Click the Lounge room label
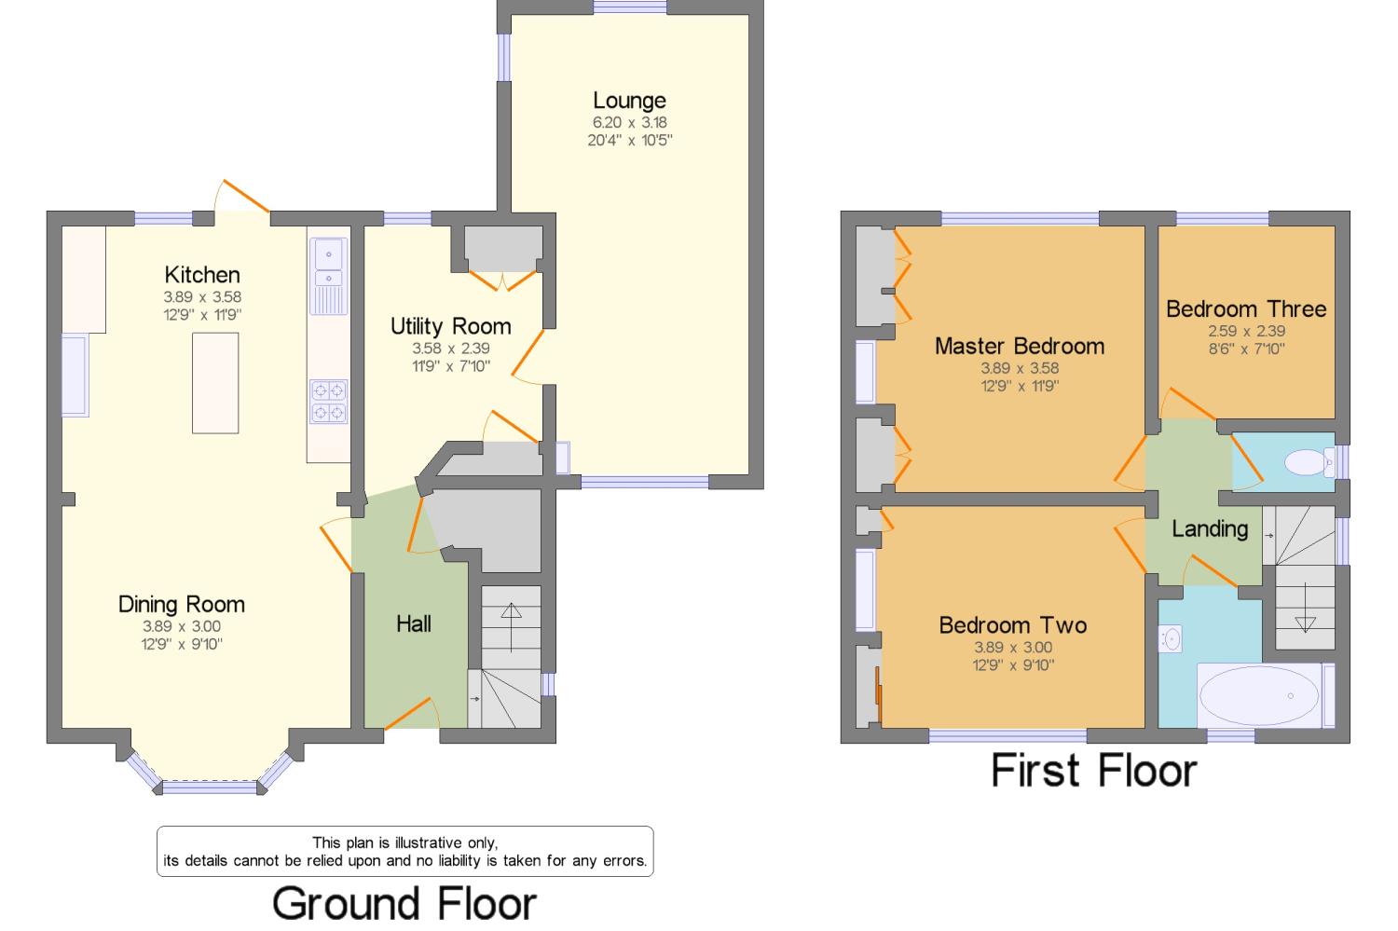tap(629, 100)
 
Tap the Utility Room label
tap(450, 326)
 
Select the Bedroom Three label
tap(1246, 308)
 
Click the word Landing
tap(1210, 528)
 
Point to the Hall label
tap(414, 623)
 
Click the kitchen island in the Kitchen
tap(215, 383)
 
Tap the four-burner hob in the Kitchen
tap(328, 401)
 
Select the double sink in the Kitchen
tap(328, 265)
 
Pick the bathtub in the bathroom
tap(1258, 695)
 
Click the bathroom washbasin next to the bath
tap(1171, 638)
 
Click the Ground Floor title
tap(404, 903)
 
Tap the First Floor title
tap(1093, 771)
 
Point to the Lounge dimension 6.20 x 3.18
tap(629, 122)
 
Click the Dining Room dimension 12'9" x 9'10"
tap(182, 644)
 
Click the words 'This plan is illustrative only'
tap(404, 842)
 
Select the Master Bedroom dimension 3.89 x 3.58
tap(1020, 368)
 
